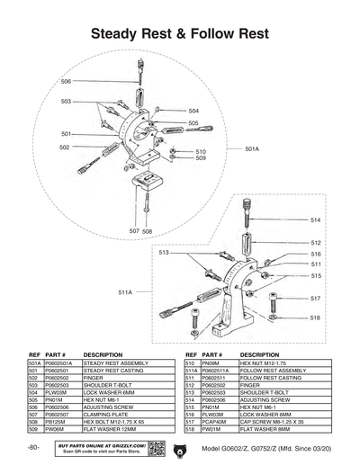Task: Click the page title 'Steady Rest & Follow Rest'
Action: tap(180, 34)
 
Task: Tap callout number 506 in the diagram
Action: tap(66, 82)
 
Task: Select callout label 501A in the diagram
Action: tap(252, 149)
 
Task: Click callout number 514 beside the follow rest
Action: tap(315, 219)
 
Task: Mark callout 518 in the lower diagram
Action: tap(315, 317)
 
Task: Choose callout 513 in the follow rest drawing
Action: tap(164, 254)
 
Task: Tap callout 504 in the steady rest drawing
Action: tap(193, 111)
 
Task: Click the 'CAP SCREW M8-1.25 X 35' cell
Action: tap(271, 421)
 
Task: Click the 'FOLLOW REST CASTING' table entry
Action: tap(267, 378)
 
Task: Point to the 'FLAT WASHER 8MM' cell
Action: tap(261, 429)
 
